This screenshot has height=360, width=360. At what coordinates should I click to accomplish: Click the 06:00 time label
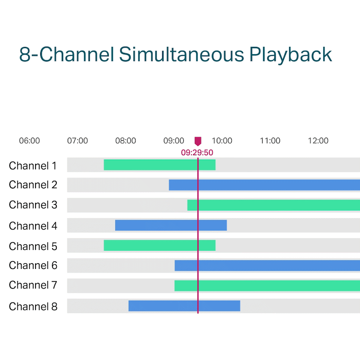point(29,141)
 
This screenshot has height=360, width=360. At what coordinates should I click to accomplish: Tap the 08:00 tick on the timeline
point(126,141)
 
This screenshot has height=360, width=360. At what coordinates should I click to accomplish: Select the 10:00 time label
point(222,141)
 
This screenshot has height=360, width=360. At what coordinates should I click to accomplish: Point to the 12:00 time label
point(318,141)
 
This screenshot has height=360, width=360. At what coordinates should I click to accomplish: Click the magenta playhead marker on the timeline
point(198,141)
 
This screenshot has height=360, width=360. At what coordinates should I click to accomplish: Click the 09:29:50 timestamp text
point(197,152)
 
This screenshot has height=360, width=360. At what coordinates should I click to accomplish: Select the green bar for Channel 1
point(160,165)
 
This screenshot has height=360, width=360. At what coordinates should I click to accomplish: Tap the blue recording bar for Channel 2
point(264,185)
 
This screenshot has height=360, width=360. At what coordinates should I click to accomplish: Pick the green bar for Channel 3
point(274,205)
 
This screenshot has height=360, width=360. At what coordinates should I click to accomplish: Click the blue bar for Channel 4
point(171,225)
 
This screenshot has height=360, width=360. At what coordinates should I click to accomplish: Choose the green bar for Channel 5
point(160,245)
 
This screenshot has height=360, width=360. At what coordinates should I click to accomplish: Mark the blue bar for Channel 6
point(267,266)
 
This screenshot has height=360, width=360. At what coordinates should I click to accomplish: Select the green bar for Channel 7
point(267,285)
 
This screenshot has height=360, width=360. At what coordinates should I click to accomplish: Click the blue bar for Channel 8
point(184,306)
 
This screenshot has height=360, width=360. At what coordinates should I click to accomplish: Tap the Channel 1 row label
point(33,166)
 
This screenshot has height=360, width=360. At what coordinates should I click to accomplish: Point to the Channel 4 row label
point(33,226)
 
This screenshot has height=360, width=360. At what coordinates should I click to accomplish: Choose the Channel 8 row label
point(33,307)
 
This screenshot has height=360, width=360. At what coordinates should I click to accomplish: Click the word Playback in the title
point(291,55)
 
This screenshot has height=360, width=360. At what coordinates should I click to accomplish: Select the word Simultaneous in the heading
point(182,54)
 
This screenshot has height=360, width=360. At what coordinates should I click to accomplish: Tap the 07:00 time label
point(78,141)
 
